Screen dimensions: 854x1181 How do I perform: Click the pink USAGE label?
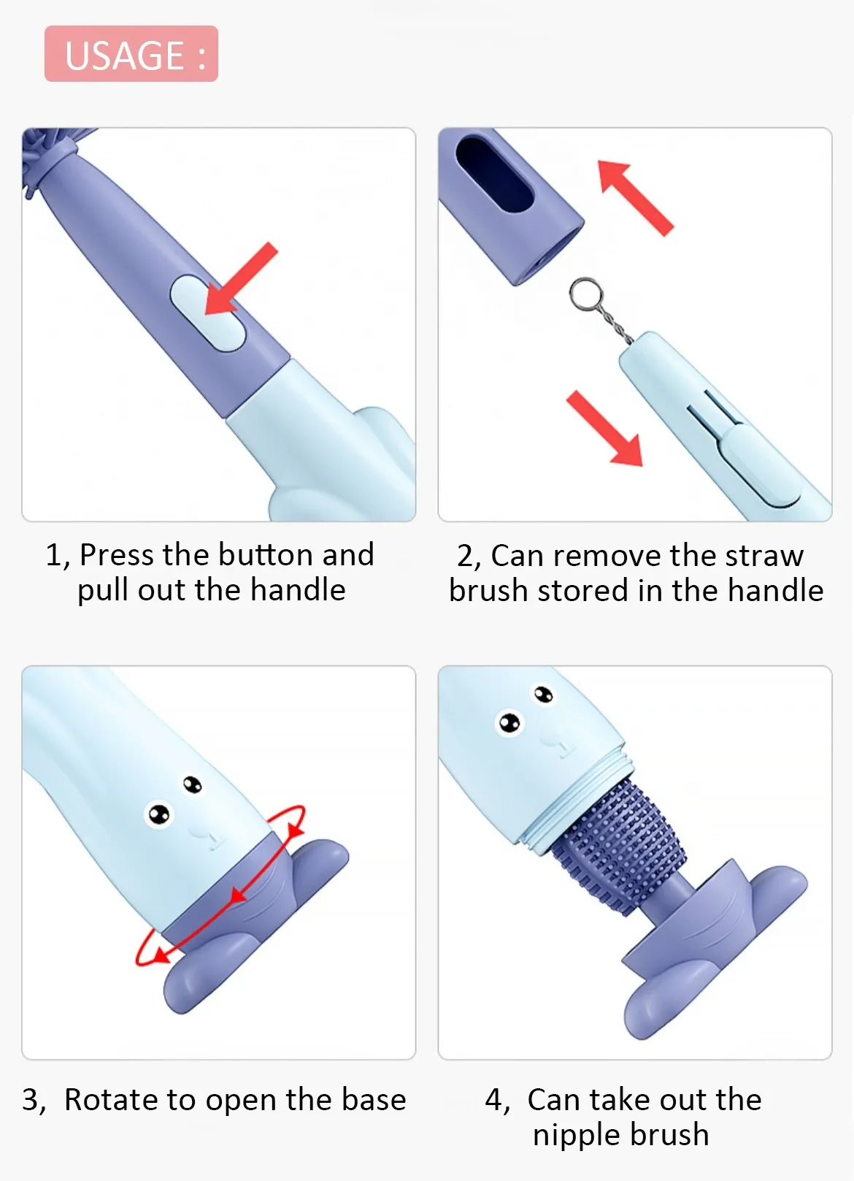[131, 54]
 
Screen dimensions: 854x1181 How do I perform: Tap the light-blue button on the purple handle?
[207, 313]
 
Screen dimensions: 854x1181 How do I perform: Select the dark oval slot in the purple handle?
[495, 175]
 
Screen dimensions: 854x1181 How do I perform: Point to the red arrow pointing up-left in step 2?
[635, 198]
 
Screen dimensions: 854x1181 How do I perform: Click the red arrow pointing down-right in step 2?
[605, 429]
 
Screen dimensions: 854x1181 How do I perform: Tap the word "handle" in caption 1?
[298, 589]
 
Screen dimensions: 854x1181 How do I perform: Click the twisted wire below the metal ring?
[618, 327]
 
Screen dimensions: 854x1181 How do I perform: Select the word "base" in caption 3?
[374, 1100]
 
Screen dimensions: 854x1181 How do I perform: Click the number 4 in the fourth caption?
[495, 1100]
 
